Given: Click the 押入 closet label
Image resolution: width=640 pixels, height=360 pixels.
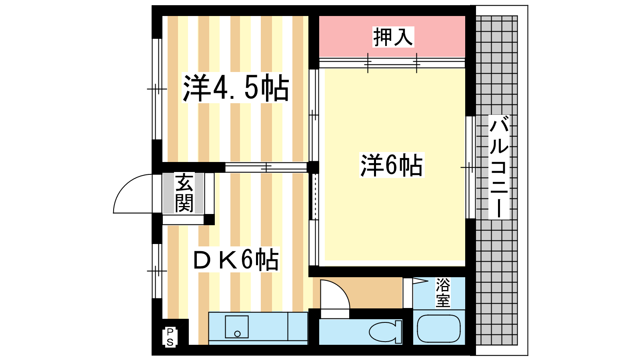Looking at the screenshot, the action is click(393, 37).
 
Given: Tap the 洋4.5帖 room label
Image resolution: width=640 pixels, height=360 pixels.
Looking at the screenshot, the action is click(236, 88).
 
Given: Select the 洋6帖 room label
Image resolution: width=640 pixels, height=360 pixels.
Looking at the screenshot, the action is click(392, 165).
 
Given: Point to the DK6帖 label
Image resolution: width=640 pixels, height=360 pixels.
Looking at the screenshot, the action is click(236, 260).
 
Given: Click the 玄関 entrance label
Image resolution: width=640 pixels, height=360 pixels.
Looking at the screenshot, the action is click(184, 193).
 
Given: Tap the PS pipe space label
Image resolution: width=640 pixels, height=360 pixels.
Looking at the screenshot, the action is click(170, 337).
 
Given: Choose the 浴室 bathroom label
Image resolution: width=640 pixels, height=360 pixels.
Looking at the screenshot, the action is click(443, 292).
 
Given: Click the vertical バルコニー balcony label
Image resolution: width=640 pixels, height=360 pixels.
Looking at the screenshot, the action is click(499, 167).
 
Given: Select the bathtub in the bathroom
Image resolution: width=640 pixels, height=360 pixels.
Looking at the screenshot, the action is click(438, 328).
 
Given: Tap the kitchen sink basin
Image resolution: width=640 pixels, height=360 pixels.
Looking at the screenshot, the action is click(236, 327).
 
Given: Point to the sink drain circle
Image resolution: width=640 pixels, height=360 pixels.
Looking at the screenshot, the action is click(237, 334).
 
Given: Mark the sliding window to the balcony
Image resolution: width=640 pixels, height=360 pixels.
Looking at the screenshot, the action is click(470, 167).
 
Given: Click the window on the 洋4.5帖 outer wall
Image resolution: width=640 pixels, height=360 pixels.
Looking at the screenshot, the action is click(157, 89).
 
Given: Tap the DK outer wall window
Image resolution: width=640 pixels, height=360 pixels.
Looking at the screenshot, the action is click(157, 271).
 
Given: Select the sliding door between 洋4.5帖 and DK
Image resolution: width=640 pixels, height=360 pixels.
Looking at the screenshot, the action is click(266, 168).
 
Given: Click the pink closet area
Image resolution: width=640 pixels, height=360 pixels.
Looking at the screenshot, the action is click(392, 36).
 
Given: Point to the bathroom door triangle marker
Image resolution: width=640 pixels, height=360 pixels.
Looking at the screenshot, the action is click(420, 281).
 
